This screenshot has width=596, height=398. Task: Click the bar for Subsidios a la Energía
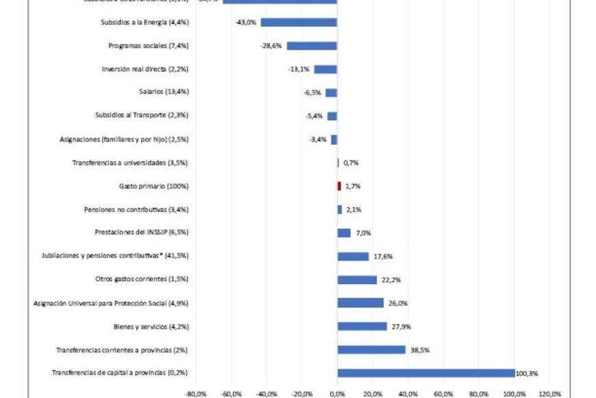[x=299, y=23]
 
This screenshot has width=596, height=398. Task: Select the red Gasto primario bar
[x=339, y=186]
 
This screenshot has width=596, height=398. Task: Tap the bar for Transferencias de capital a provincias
[x=426, y=373]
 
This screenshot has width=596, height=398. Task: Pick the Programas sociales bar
[x=312, y=46]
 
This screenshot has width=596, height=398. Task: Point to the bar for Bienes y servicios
[x=362, y=327]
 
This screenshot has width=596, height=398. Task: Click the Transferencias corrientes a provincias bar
[x=371, y=350]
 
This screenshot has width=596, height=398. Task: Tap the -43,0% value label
[x=246, y=23]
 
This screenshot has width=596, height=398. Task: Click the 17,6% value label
[x=383, y=257]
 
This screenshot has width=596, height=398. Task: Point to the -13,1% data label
[x=299, y=69]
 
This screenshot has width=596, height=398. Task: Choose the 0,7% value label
[x=351, y=163]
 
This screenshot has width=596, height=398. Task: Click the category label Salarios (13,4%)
[x=164, y=92]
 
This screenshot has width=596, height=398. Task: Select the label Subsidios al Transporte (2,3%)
[x=142, y=116]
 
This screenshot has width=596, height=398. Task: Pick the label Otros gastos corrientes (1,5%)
[x=142, y=279]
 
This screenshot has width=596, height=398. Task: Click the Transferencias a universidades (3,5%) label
[x=130, y=163]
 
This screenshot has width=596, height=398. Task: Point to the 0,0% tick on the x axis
[x=337, y=394]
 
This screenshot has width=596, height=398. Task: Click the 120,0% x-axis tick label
[x=550, y=394]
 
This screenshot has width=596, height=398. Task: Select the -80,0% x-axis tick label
[x=196, y=394]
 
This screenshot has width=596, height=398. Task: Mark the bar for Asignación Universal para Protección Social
[x=360, y=303]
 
